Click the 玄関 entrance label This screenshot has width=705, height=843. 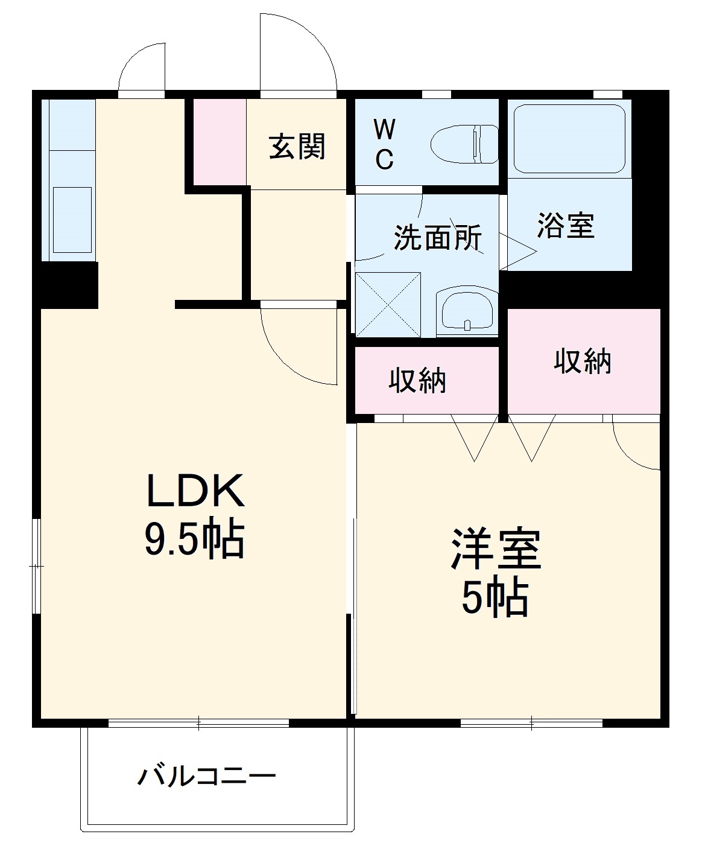click(x=297, y=147)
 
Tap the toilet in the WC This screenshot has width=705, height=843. click(x=465, y=145)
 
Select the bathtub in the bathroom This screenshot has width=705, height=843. click(x=569, y=139)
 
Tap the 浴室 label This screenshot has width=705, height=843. click(x=566, y=225)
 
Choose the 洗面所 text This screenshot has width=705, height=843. click(x=438, y=237)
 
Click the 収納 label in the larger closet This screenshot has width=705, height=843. click(x=583, y=361)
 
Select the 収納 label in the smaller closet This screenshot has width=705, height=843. click(x=417, y=381)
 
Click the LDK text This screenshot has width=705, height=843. click(x=195, y=491)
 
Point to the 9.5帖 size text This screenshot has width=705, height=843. click(x=194, y=539)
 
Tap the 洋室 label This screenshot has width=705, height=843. click(x=496, y=549)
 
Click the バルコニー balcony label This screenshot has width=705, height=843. click(x=207, y=775)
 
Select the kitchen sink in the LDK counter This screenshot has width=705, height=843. click(x=72, y=220)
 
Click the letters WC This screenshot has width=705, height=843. click(x=384, y=145)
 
